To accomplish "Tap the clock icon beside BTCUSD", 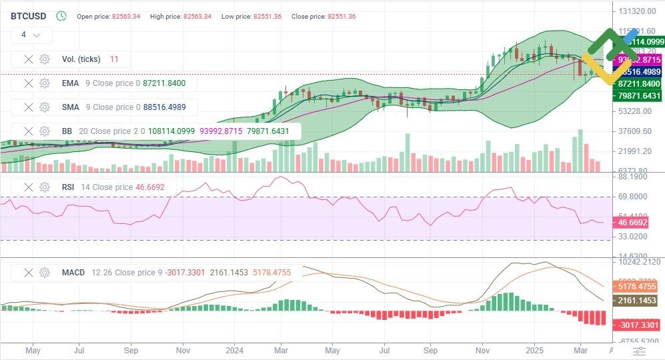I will tap(61, 16).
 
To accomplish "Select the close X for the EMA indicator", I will tap(29, 83).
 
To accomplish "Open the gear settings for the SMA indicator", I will tap(45, 107).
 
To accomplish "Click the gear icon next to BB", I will tap(45, 131).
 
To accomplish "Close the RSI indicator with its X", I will tap(29, 187).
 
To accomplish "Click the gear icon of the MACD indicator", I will tap(45, 273).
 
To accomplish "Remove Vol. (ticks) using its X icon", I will tap(29, 59).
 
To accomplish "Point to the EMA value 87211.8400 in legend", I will tap(164, 83).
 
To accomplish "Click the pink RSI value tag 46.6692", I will tap(640, 222).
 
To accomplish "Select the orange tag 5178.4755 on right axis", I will tap(640, 287).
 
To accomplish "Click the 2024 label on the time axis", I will tap(234, 349).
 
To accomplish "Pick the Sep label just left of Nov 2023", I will tap(131, 349).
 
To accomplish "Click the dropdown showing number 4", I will tap(31, 35).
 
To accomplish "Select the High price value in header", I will tap(190, 16).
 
